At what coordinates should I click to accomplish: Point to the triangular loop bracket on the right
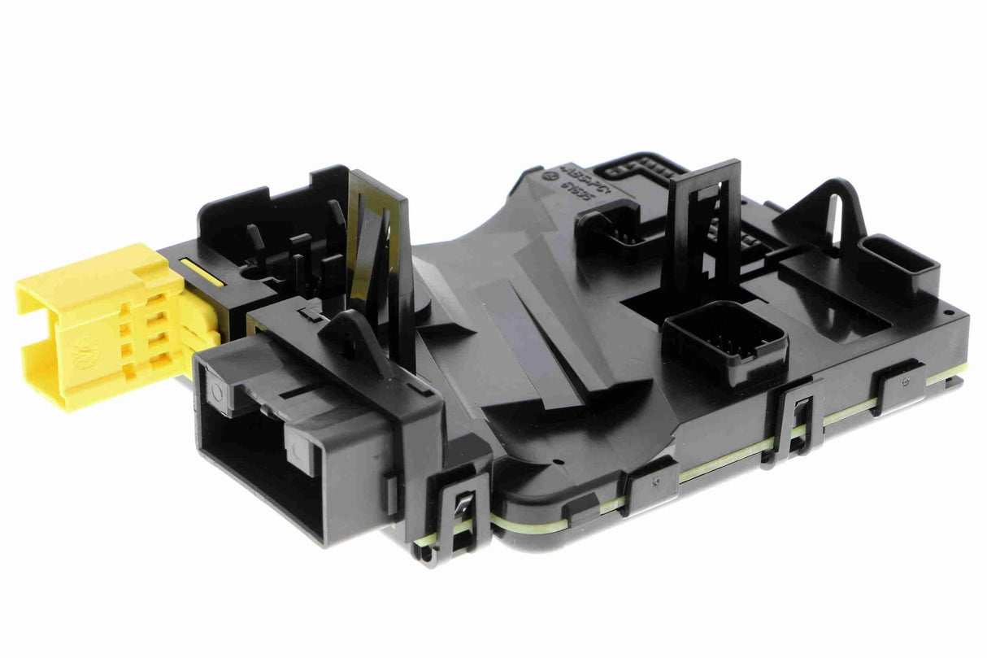click(826, 212)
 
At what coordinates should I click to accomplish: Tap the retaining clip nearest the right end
click(900, 386)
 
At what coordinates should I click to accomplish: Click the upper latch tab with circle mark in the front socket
click(218, 389)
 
